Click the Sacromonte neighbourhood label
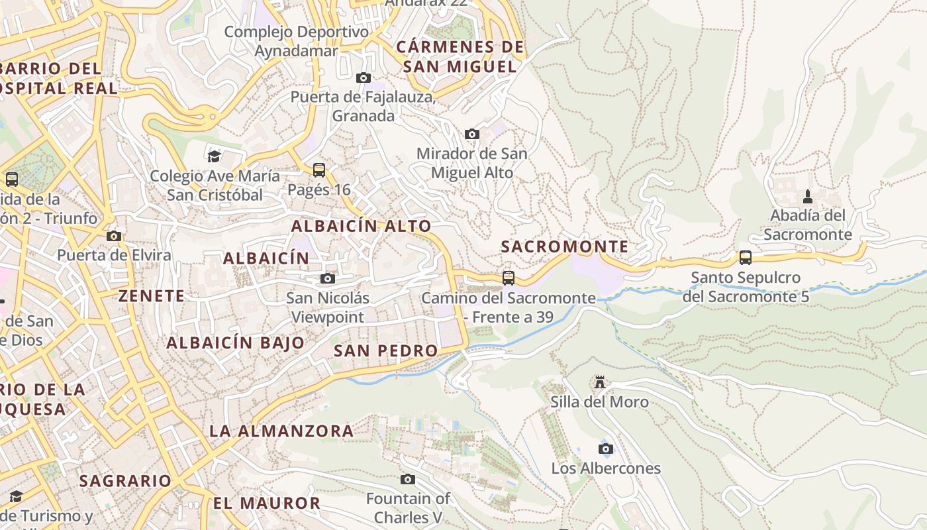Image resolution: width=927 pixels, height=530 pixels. coord(564,246)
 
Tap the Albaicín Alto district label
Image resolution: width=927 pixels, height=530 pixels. coord(361,226)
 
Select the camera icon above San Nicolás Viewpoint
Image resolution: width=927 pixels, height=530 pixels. coord(328,278)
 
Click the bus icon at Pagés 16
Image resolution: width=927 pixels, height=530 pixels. coord(319,170)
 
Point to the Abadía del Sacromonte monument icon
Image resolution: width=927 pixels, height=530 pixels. coord(807,196)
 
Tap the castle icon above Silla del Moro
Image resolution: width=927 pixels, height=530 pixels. coord(600,382)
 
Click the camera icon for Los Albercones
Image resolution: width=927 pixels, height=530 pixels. coord(605,449)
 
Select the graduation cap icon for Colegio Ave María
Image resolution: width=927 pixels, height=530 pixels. coord(214,156)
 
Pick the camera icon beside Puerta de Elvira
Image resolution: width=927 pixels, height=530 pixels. coord(113,236)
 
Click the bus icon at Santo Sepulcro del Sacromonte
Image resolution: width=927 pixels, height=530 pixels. coord(746,258)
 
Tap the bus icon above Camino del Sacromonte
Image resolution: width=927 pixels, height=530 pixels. coord(508,278)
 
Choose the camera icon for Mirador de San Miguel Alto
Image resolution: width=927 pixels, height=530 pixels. coord(471,134)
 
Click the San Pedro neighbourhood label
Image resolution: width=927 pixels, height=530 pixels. coord(385,350)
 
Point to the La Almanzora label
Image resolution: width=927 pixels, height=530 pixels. coord(281,431)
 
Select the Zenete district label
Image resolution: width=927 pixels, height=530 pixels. coord(152,296)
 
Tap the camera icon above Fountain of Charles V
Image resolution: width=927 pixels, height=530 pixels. coord(408,479)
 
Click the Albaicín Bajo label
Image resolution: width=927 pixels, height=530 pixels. coord(235,343)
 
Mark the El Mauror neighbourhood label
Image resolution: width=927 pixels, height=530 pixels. coord(266,503)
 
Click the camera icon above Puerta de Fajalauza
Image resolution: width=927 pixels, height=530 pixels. coord(363,78)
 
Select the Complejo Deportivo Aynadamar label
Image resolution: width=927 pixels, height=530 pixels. coord(296,41)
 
